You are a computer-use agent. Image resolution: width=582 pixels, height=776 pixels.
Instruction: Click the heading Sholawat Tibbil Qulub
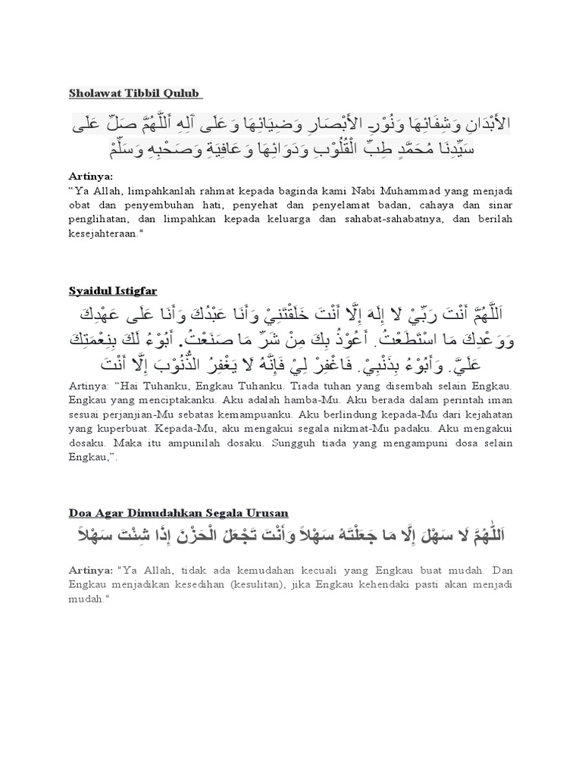133,93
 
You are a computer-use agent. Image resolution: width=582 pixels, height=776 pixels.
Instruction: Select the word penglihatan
105,221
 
